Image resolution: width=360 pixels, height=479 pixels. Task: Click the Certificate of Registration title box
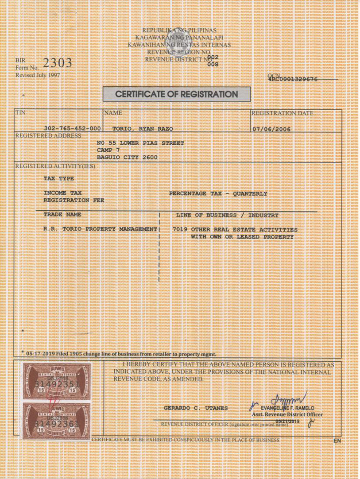177,94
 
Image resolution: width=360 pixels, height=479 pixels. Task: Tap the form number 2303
57,63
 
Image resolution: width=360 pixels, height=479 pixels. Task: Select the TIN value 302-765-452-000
72,128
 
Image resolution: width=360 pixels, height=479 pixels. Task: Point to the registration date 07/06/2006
271,129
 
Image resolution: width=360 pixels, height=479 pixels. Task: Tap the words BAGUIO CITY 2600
127,157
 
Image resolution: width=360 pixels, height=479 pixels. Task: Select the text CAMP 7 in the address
108,150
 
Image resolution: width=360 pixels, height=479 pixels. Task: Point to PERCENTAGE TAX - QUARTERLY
218,194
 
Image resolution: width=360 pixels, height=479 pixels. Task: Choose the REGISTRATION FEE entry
74,200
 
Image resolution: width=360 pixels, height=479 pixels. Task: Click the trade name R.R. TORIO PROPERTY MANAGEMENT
101,229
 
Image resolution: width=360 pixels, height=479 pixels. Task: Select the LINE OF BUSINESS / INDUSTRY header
227,215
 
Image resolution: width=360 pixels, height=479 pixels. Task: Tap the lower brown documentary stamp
57,421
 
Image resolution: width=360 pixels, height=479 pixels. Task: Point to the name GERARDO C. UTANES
196,408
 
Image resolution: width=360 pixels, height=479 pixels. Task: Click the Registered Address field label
48,135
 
